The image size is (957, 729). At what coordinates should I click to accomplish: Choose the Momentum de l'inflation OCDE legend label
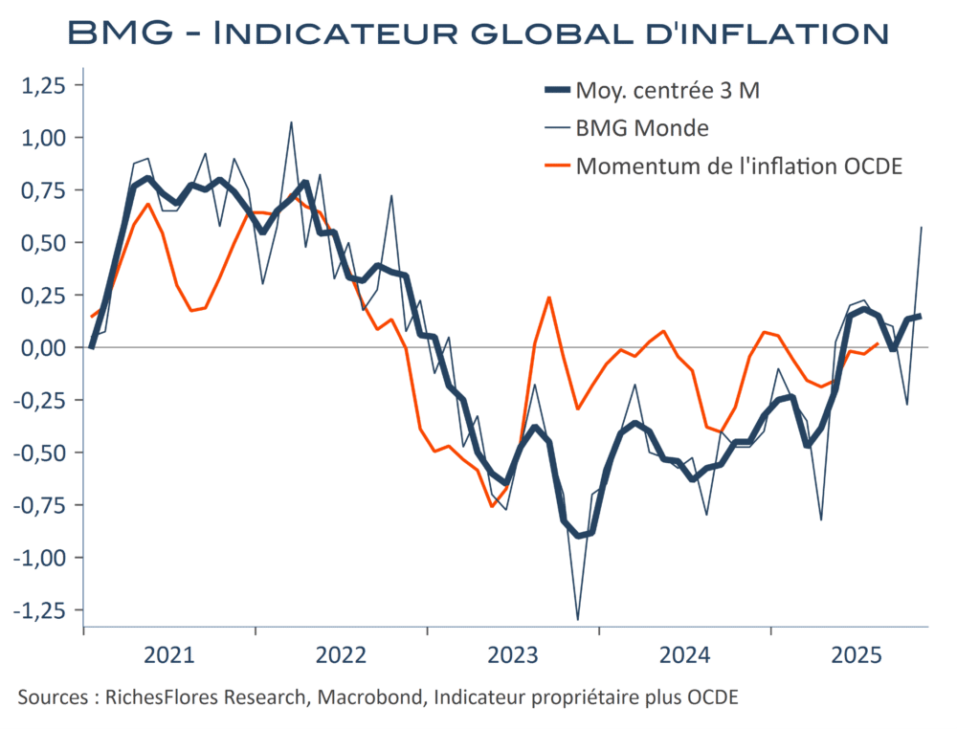pos(739,166)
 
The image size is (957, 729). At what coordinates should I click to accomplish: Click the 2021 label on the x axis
pos(169,656)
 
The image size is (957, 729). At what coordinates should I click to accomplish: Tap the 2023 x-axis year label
pos(513,656)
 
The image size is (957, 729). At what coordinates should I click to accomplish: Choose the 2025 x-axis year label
pos(857,656)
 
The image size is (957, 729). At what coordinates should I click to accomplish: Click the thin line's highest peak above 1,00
pos(291,122)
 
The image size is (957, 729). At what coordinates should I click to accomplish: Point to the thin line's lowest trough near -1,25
pos(578,619)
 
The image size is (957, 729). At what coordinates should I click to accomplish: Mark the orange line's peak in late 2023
pos(549,297)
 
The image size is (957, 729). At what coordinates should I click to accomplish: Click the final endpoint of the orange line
pos(878,343)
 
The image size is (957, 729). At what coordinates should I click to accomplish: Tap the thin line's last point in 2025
pos(921,228)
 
